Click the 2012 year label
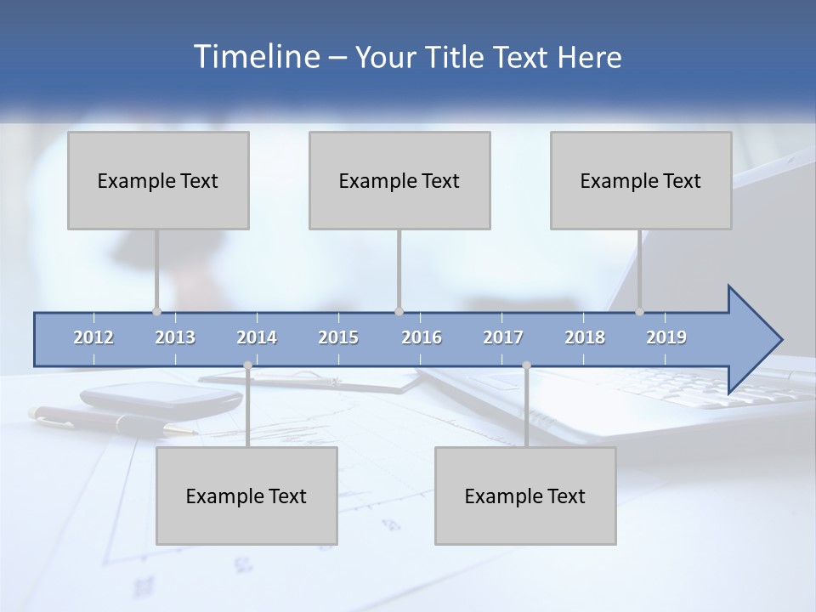[x=93, y=337]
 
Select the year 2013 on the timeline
[x=175, y=337]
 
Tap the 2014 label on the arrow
[x=257, y=337]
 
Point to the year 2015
[x=338, y=337]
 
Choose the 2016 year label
[x=422, y=337]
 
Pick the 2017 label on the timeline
[x=503, y=337]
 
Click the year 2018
[x=585, y=337]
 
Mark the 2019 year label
[x=666, y=337]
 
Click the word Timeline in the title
[x=256, y=57]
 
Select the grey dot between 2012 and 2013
[x=156, y=311]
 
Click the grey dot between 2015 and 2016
[x=399, y=311]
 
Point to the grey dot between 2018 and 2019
[x=640, y=311]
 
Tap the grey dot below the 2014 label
[x=247, y=365]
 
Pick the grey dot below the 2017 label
[x=526, y=365]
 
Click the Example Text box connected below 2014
[x=246, y=496]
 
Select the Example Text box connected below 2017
[x=525, y=496]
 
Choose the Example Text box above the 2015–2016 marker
[x=399, y=180]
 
